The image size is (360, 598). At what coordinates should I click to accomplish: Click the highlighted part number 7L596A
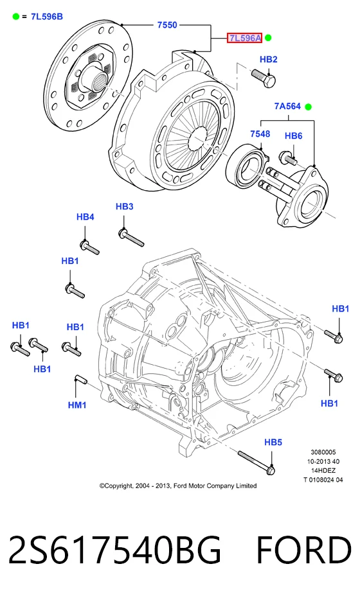(x=245, y=38)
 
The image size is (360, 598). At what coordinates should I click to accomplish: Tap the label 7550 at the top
(x=167, y=25)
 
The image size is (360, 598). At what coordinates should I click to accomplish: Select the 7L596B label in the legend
(x=47, y=17)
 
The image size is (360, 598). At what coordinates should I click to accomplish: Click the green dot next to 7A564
(x=309, y=107)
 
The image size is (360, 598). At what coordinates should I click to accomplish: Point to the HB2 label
(x=268, y=60)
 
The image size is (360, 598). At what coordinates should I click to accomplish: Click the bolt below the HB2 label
(x=264, y=78)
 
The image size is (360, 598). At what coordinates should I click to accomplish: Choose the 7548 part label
(x=260, y=134)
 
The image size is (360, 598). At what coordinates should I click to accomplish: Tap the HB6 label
(x=294, y=136)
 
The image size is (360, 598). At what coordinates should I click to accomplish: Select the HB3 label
(x=125, y=207)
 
